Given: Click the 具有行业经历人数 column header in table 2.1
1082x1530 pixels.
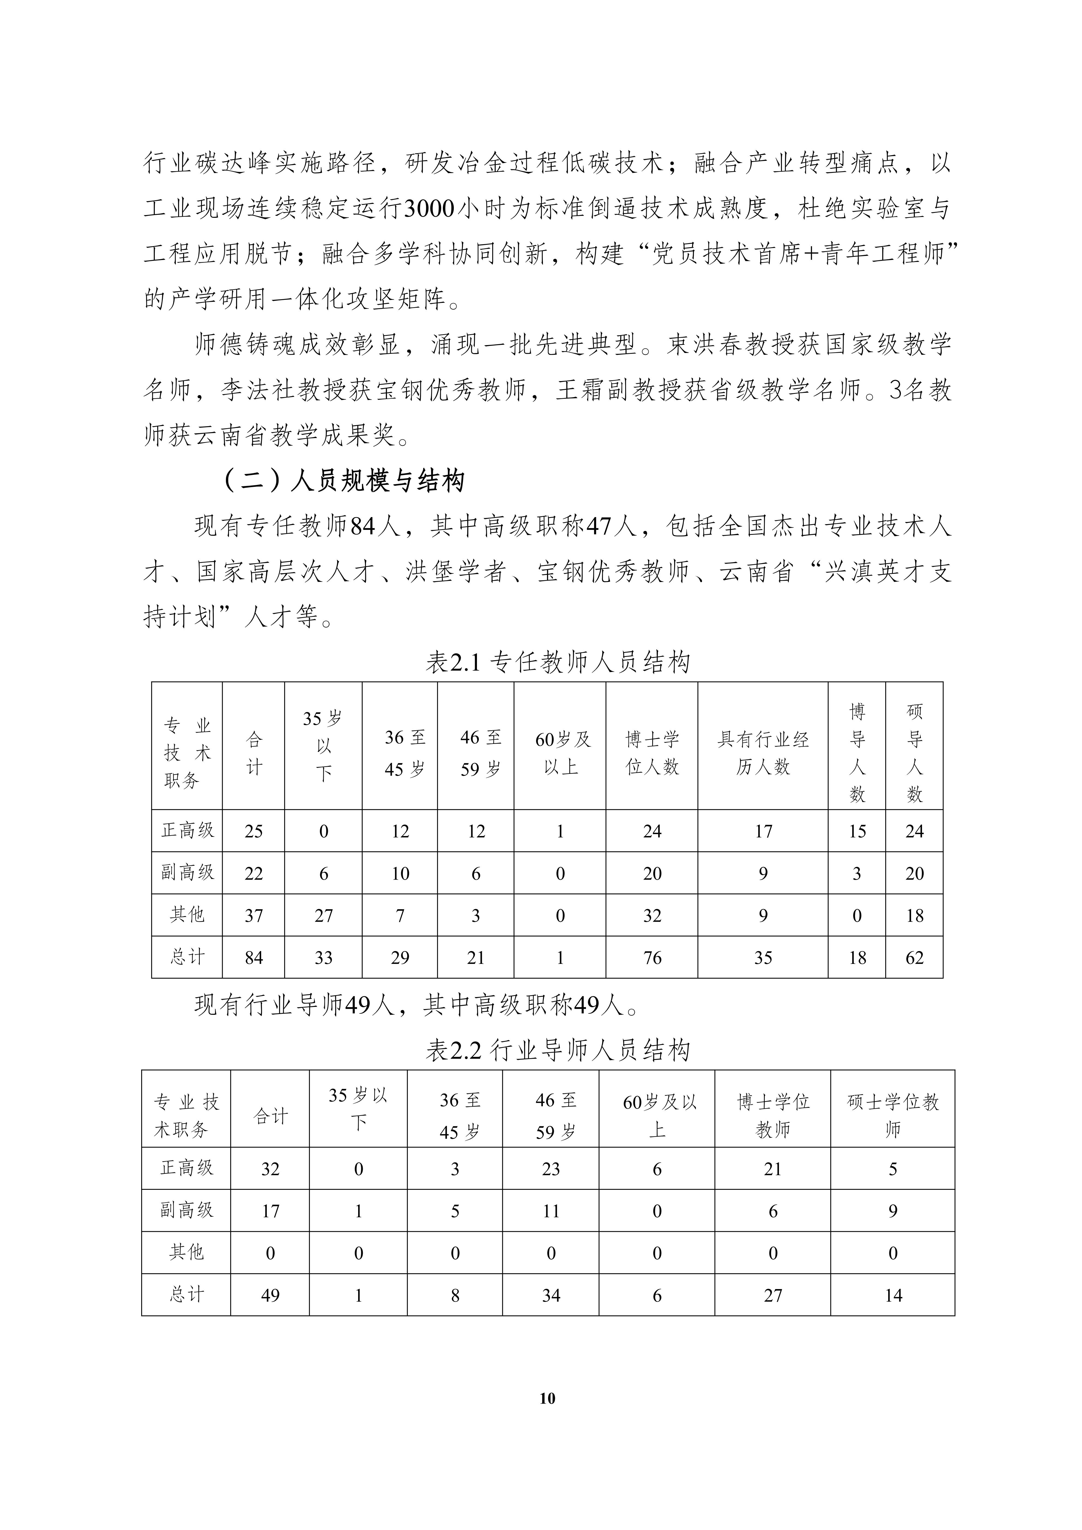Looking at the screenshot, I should pos(763,753).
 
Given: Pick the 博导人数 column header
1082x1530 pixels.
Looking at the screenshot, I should pos(857,753).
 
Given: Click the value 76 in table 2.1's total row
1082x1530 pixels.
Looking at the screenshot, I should pos(652,958).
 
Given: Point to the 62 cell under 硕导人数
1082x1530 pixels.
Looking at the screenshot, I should pos(914,958).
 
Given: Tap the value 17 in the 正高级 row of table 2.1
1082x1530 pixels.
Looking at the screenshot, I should pos(763,831).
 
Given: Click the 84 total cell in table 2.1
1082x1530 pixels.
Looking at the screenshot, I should pos(254,958).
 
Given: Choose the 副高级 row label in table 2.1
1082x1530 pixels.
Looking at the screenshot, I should pos(187,872).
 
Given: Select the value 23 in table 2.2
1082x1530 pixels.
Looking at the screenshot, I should pos(550,1169).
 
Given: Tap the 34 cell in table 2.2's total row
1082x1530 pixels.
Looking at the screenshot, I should pos(550,1295).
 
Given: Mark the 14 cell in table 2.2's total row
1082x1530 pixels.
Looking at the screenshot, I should pos(893,1295).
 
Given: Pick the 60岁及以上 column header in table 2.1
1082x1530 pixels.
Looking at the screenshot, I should pos(560,753).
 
